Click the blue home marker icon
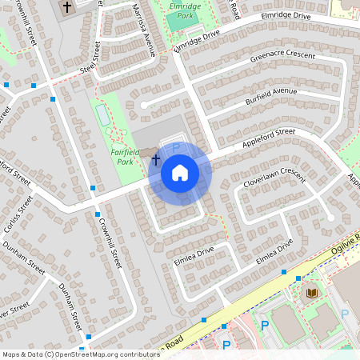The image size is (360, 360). click(179, 173)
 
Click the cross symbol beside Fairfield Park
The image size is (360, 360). click(156, 162)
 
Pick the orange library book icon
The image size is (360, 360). click(310, 293)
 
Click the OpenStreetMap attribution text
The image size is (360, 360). click(70, 354)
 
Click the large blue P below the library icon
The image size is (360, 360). click(265, 325)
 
